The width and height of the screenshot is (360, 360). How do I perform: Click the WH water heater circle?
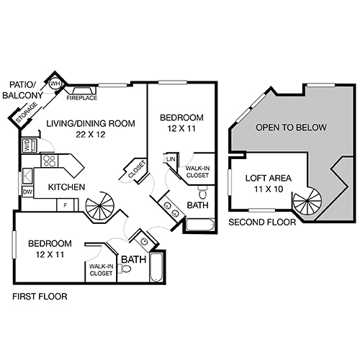[55, 84]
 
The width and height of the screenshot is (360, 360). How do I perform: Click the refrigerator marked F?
[65, 205]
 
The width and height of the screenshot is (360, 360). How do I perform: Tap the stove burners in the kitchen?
[50, 160]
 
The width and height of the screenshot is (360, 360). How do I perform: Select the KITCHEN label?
[66, 188]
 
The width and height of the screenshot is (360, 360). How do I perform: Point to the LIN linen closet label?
[171, 159]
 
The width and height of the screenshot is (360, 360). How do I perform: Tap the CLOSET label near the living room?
[138, 169]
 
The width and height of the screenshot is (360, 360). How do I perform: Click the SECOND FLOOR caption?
[261, 223]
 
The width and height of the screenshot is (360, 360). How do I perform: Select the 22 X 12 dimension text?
[91, 134]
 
